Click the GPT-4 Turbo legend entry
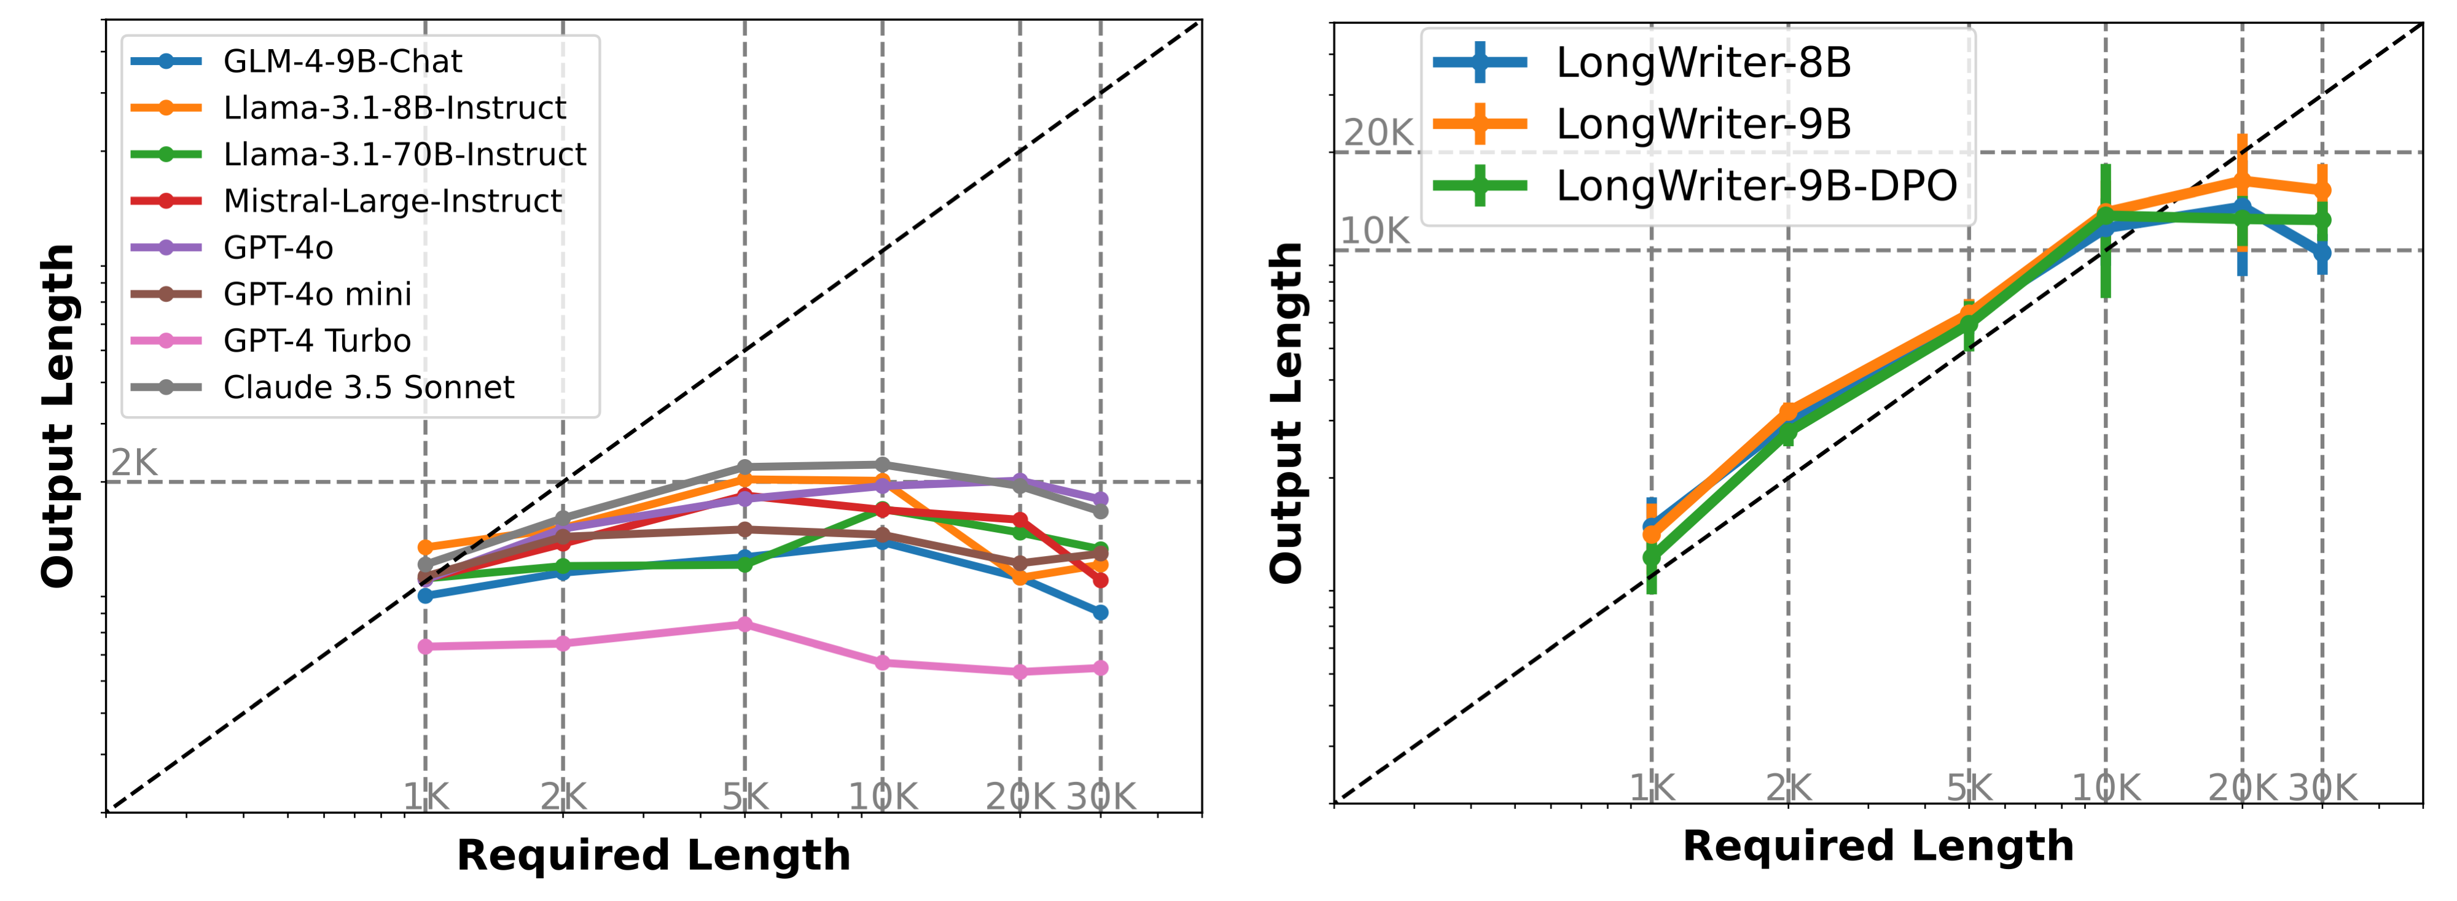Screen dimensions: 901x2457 click(317, 341)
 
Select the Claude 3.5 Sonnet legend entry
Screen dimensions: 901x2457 click(368, 387)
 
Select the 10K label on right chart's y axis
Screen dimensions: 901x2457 click(1375, 231)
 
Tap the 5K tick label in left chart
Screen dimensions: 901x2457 click(745, 795)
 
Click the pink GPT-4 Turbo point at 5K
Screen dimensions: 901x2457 click(745, 625)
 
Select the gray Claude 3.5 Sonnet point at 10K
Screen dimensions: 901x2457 click(882, 465)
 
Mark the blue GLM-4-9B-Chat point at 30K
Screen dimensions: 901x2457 click(1101, 612)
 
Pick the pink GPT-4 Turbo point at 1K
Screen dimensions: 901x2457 click(426, 646)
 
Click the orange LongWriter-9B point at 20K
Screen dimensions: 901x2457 click(2241, 180)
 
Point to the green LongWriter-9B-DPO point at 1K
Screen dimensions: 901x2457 click(1651, 557)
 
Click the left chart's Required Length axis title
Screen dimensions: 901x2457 click(654, 855)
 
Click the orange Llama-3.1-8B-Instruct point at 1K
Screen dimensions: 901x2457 click(426, 547)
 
